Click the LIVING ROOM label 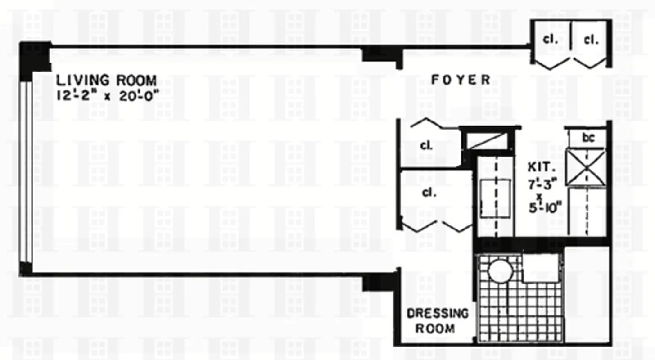(x=106, y=81)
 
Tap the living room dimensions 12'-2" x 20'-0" (x=108, y=95)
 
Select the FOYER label (x=461, y=80)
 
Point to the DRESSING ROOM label (x=437, y=320)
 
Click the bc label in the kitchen (x=588, y=138)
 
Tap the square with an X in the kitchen (x=586, y=167)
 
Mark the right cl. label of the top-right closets (x=591, y=40)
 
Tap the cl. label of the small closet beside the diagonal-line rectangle (x=426, y=146)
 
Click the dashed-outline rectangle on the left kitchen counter (x=494, y=198)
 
